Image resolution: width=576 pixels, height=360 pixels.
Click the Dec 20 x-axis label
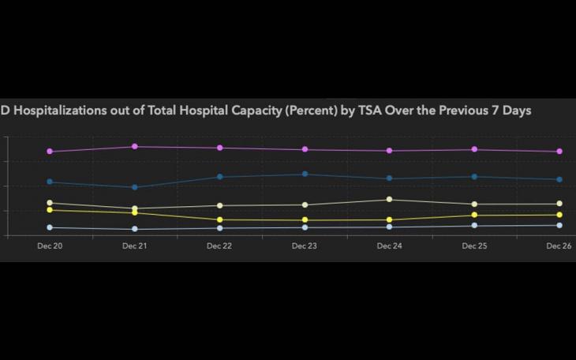tap(50, 246)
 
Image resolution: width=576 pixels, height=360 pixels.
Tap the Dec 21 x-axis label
tap(135, 246)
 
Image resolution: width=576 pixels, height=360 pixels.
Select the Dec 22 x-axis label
tap(219, 246)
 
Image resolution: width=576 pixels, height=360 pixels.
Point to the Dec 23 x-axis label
tap(305, 246)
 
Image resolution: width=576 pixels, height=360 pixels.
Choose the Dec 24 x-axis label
tap(390, 246)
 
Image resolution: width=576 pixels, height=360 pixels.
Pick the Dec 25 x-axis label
tap(474, 246)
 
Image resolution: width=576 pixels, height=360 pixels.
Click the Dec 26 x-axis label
tap(559, 246)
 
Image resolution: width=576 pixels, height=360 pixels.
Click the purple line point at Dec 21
tap(135, 147)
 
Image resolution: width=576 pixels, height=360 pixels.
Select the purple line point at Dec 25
tap(474, 149)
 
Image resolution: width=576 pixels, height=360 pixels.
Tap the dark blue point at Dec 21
tap(135, 188)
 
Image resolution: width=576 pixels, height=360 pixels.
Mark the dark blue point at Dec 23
tap(305, 174)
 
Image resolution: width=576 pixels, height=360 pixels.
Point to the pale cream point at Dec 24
tap(390, 200)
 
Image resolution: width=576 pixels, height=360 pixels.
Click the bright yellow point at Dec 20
tap(50, 210)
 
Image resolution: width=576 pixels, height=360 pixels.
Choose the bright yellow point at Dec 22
tap(219, 220)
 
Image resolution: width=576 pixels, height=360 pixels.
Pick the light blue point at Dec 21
tap(135, 230)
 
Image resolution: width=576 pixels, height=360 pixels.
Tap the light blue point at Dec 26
tap(559, 226)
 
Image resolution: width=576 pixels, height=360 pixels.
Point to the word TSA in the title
tap(369, 111)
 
